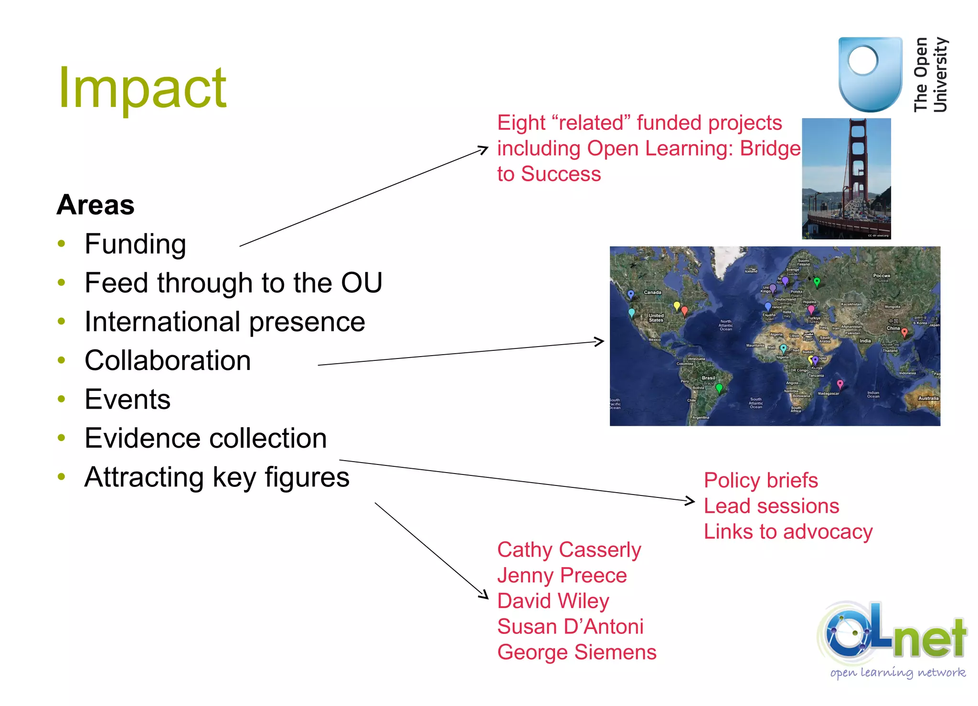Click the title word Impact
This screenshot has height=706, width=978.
142,88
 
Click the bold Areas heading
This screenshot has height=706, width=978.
96,205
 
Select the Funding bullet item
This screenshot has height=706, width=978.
135,244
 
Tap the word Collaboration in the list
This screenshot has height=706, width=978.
168,360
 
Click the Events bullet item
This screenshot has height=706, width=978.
128,399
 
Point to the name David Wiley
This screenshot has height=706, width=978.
553,601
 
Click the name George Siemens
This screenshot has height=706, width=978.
576,652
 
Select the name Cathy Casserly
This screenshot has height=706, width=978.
569,550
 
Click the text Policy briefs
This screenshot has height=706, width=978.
760,480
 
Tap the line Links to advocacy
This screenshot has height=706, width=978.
788,532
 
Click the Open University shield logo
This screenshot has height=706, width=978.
870,74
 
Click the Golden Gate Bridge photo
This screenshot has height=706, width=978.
846,179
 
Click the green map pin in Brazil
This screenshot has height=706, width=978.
719,388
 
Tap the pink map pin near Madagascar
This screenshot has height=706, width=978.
840,384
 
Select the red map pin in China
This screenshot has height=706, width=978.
904,332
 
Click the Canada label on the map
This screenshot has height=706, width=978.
652,292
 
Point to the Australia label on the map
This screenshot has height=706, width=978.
928,398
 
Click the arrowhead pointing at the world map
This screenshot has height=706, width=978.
601,341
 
